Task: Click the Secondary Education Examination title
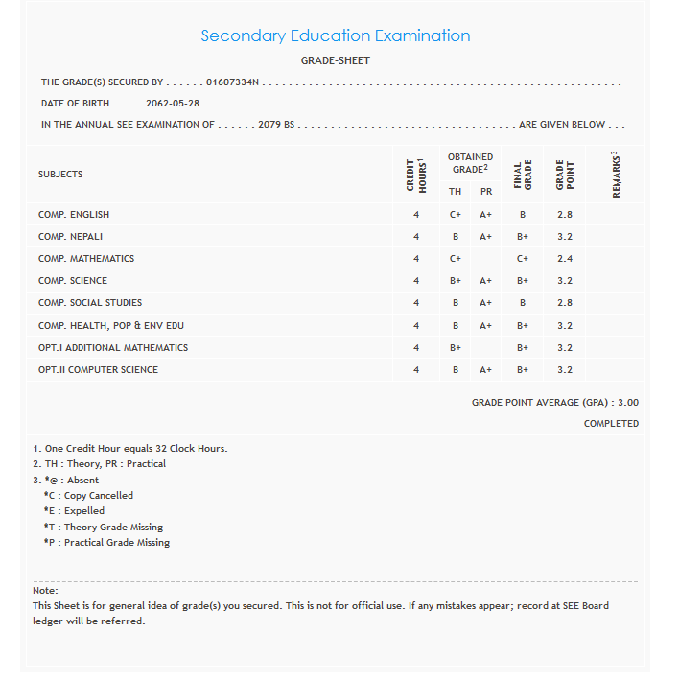(x=335, y=36)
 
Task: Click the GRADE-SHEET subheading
(x=336, y=61)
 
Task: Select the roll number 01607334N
(x=232, y=83)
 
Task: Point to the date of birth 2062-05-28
(x=175, y=104)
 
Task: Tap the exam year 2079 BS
(x=276, y=125)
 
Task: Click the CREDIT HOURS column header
(x=416, y=174)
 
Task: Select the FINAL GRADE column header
(x=523, y=174)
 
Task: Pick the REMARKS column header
(x=616, y=174)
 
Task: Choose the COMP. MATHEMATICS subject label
(x=86, y=259)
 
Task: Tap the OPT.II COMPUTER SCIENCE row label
(x=98, y=370)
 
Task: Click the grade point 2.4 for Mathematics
(x=565, y=259)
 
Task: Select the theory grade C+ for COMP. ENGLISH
(x=456, y=215)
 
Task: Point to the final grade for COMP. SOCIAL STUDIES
(x=523, y=303)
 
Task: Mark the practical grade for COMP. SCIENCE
(x=485, y=281)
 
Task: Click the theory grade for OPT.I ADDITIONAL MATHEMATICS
(x=456, y=348)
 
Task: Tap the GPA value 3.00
(x=628, y=403)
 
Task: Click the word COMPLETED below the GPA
(x=611, y=424)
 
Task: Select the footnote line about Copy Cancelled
(x=88, y=496)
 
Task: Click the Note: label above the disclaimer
(x=45, y=591)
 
